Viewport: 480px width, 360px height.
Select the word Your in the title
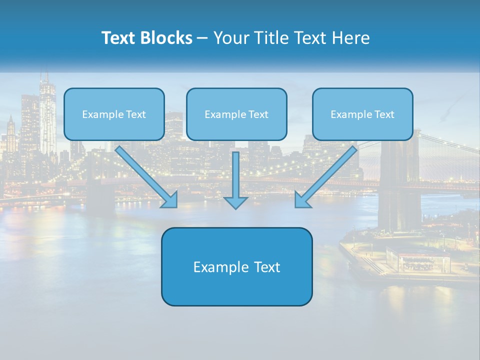coord(231,38)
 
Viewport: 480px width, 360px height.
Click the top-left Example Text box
coord(114,114)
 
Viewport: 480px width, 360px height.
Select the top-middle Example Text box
coord(236,114)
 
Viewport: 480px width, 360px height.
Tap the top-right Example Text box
coord(362,114)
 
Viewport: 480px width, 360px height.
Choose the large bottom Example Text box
coord(236,266)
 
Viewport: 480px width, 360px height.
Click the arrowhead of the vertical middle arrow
coord(235,202)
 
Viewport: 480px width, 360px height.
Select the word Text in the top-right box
coord(384,114)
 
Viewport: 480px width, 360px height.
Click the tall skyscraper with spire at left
coord(47,115)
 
